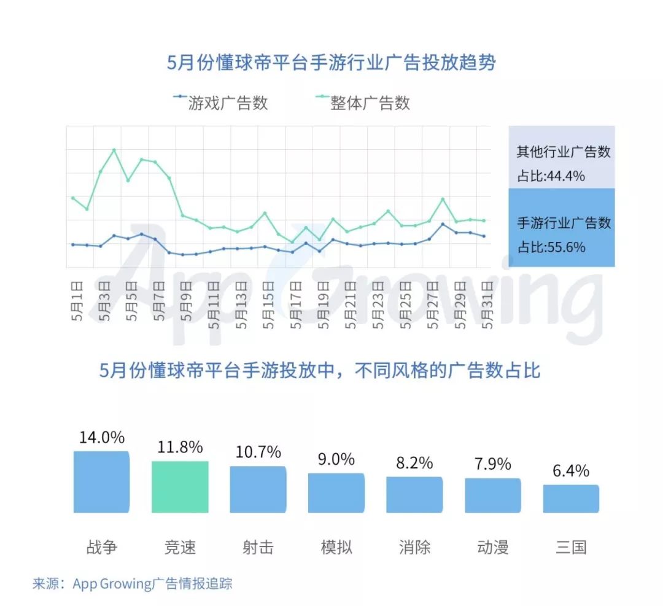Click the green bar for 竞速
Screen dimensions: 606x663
click(x=180, y=486)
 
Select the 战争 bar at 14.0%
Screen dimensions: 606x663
click(x=101, y=482)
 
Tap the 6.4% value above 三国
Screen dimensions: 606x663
click(x=571, y=471)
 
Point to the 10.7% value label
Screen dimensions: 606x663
click(x=258, y=453)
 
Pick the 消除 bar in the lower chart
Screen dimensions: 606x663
click(x=414, y=494)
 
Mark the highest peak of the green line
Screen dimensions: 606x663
click(x=114, y=150)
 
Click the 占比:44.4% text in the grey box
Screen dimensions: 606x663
click(x=551, y=176)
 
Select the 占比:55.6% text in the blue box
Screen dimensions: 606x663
click(x=551, y=247)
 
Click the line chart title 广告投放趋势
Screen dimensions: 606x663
click(x=331, y=63)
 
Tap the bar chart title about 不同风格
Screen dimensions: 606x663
click(x=319, y=370)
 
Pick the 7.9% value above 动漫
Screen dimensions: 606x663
click(x=492, y=464)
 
